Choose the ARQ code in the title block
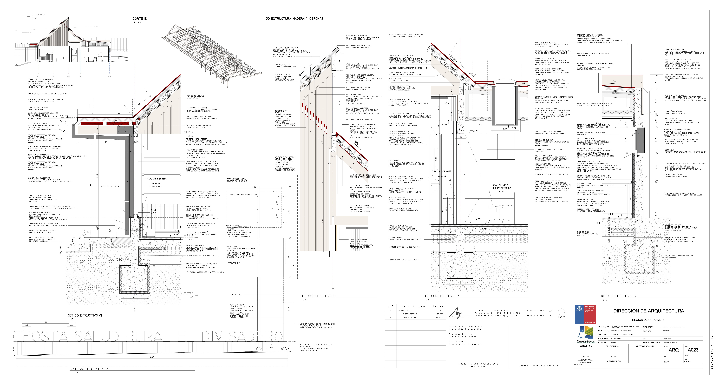(673, 350)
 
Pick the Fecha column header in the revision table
(438, 306)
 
